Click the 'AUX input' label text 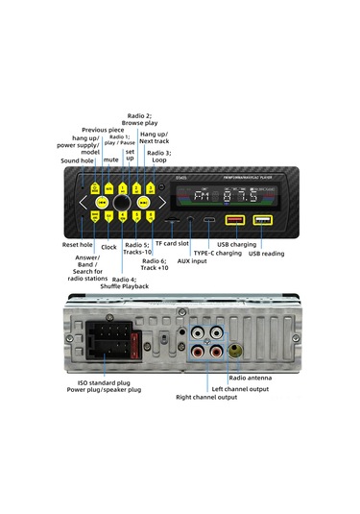(x=192, y=259)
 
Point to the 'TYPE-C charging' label (x=219, y=253)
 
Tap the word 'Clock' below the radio (x=108, y=247)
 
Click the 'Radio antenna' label (x=250, y=379)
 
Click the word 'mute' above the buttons (x=110, y=160)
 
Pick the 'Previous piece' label (x=102, y=129)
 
